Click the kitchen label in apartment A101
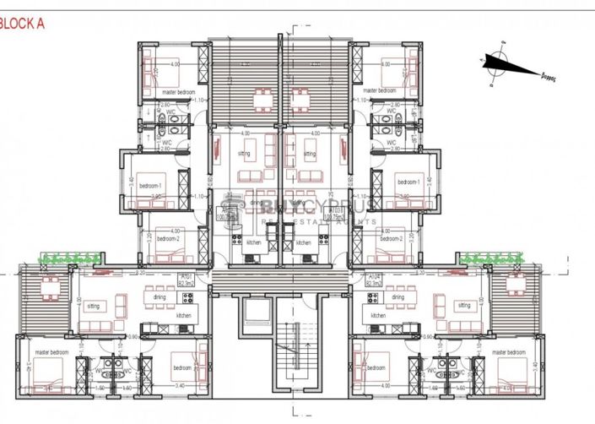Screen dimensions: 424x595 click(182, 315)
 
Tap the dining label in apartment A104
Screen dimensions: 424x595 click(398, 297)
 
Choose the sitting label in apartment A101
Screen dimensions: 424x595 click(94, 306)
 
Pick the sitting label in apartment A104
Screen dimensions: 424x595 click(462, 305)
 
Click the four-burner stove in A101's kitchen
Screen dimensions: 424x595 click(187, 297)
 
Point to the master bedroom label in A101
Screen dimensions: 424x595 click(51, 352)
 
